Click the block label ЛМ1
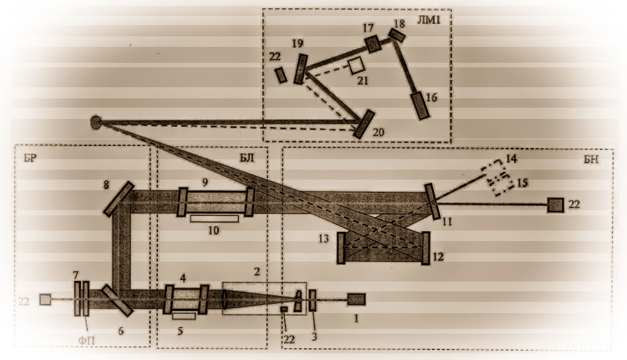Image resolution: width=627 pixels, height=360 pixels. [x=428, y=20]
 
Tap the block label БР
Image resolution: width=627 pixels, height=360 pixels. [x=30, y=158]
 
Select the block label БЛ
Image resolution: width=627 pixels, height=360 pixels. [x=247, y=158]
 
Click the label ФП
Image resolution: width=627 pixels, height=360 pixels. [x=87, y=341]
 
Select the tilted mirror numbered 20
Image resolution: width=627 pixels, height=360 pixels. [x=363, y=124]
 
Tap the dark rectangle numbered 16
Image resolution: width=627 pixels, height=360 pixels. [x=420, y=106]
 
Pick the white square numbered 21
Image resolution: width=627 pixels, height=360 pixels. [x=356, y=65]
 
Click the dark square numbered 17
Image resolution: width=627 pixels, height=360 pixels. [x=373, y=44]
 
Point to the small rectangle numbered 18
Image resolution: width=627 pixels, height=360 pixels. [x=397, y=35]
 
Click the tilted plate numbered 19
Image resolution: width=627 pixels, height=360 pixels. [x=301, y=69]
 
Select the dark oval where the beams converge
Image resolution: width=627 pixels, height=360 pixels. [x=96, y=122]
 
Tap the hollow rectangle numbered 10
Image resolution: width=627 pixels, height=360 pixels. [x=214, y=219]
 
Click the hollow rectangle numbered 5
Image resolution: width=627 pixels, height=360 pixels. [x=184, y=316]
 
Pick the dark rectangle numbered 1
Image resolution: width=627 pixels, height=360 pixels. [x=356, y=299]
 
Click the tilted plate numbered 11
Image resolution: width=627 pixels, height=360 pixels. [x=432, y=201]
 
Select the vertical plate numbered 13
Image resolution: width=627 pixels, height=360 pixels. [x=341, y=248]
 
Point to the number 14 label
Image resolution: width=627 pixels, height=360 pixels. [x=511, y=159]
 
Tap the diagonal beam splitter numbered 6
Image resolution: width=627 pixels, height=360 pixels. [x=117, y=300]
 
